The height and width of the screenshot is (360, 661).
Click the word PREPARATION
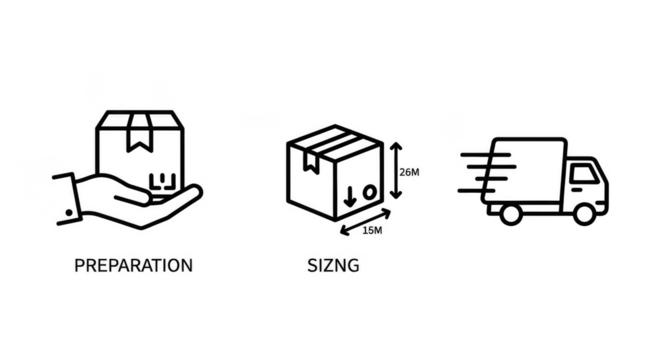(134, 266)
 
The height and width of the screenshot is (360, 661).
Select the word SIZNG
(334, 266)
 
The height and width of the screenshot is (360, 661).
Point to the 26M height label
(410, 172)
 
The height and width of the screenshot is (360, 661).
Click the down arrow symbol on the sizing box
(349, 190)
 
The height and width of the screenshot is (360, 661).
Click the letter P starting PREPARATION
(79, 266)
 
